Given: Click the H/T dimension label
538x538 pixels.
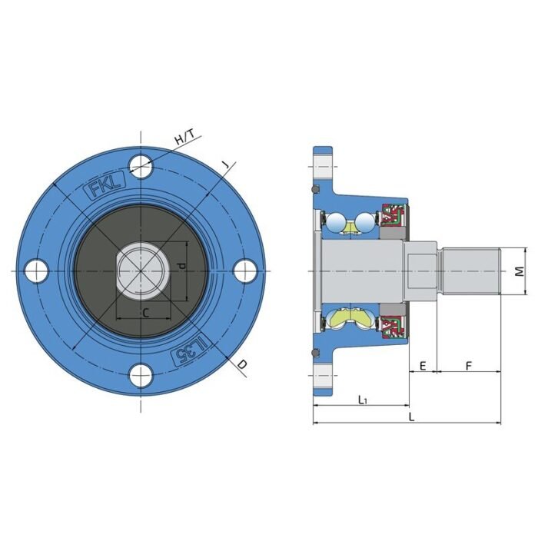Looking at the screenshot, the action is (x=184, y=137).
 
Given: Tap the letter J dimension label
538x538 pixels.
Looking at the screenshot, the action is (x=225, y=165).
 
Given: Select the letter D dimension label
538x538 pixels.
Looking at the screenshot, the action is (x=242, y=364).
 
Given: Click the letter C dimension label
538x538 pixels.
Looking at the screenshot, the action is (x=146, y=313).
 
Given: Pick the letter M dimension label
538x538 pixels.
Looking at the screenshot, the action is (x=520, y=271).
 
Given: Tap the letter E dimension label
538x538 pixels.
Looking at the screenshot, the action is (x=423, y=366).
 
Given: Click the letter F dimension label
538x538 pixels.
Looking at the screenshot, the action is (x=469, y=366).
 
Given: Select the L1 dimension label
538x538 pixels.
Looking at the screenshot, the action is (x=362, y=400).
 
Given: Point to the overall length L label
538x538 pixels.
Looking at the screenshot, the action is (x=412, y=417).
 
